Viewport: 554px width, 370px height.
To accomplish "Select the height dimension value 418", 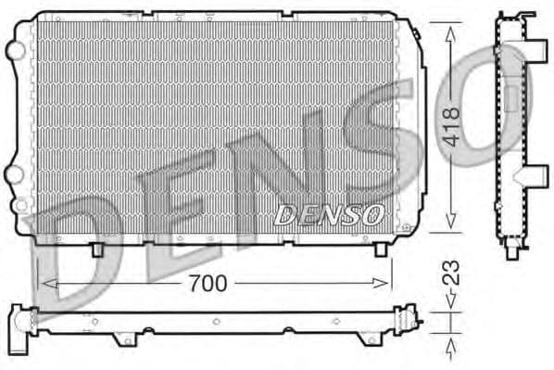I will (x=452, y=126).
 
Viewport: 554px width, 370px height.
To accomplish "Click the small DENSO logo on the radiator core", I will (x=329, y=215).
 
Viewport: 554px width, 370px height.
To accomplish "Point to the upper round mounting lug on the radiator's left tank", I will (x=16, y=46).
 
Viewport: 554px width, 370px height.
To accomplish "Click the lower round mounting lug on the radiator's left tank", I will (x=16, y=172).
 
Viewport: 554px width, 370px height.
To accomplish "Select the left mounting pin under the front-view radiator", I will (x=98, y=249).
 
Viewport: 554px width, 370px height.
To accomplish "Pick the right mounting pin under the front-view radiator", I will (x=379, y=249).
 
